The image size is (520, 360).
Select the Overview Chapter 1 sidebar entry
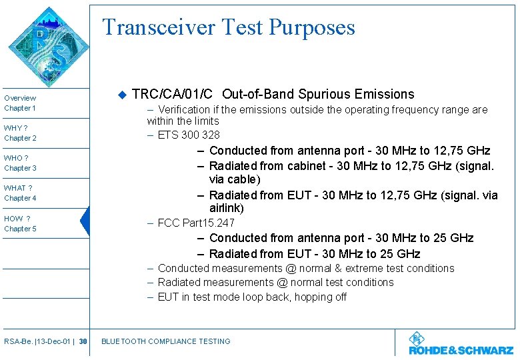click(x=21, y=103)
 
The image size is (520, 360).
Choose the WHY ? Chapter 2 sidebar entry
click(x=21, y=133)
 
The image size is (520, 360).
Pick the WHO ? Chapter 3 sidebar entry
click(x=21, y=163)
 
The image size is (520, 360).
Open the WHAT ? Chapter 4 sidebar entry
click(x=21, y=193)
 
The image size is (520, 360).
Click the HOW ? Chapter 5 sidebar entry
click(x=21, y=223)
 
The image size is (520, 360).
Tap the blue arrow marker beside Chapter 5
click(x=85, y=221)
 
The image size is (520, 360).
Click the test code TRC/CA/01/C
click(x=173, y=94)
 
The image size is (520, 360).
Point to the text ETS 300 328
click(x=189, y=135)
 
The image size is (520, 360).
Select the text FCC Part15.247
click(x=196, y=223)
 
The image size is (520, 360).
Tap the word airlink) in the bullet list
click(x=226, y=208)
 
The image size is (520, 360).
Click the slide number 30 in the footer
click(x=83, y=341)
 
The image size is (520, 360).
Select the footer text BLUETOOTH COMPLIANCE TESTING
click(x=165, y=341)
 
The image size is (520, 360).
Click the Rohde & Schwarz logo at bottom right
click(x=461, y=344)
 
